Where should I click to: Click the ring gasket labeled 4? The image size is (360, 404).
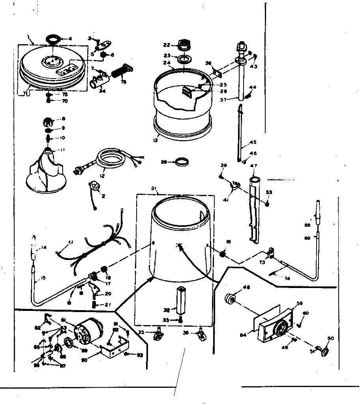pos(53,39)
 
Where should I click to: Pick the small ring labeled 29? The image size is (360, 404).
pos(183,162)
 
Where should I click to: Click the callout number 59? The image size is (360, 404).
pos(299,303)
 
